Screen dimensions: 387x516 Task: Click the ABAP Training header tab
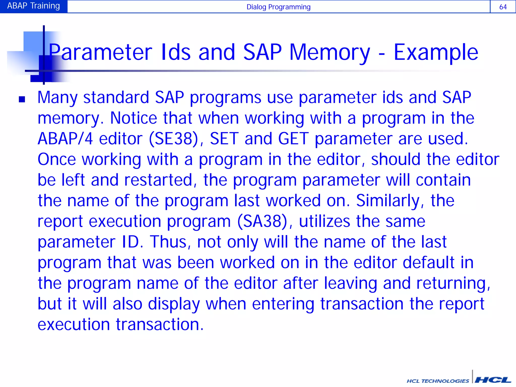point(34,6)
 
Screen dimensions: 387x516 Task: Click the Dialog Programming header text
point(278,7)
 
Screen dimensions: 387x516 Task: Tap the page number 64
point(503,7)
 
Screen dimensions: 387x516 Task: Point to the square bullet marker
point(22,99)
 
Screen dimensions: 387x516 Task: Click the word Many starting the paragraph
point(57,98)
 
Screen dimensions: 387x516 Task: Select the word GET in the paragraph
point(293,139)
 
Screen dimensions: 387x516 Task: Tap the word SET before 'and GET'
point(224,139)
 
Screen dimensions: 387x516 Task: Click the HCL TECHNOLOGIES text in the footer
point(438,381)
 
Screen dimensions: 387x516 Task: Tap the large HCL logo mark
point(493,380)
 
